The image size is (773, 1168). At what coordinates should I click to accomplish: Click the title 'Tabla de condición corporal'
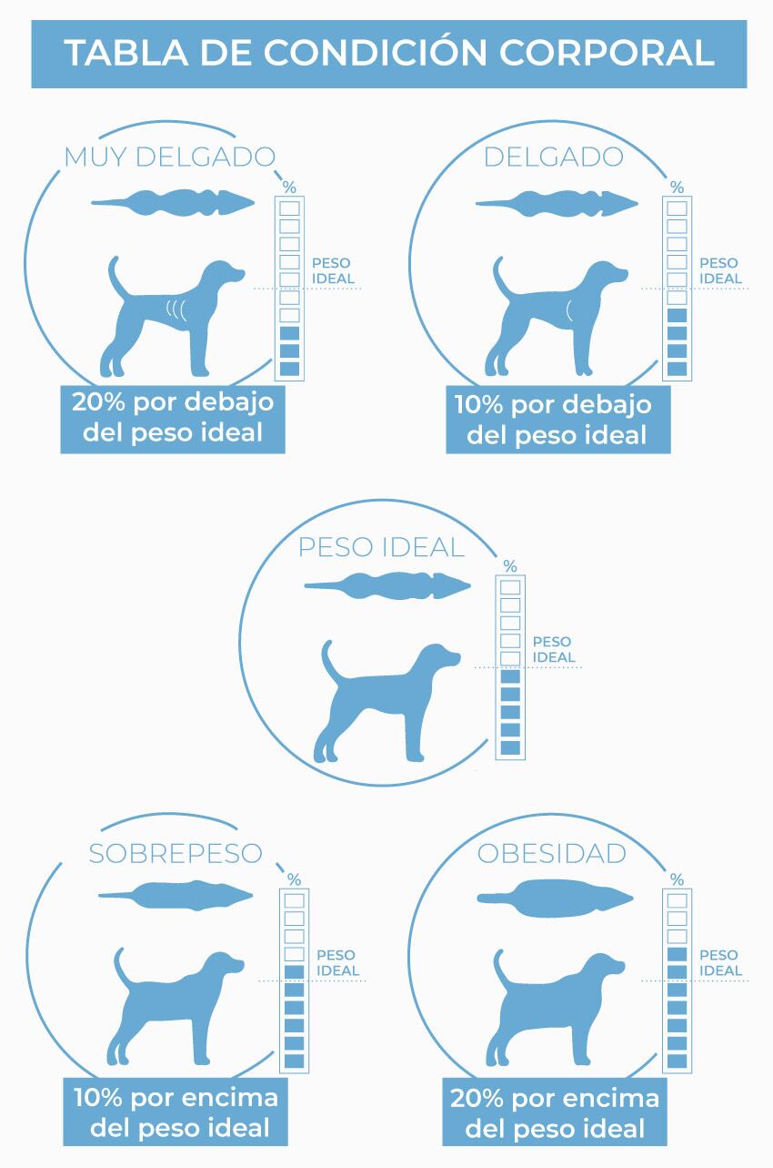tap(389, 53)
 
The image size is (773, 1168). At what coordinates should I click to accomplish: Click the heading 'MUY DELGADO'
tap(170, 157)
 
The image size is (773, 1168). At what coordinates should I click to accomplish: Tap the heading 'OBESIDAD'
tap(552, 854)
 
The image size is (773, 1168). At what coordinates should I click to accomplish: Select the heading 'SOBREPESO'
tap(175, 854)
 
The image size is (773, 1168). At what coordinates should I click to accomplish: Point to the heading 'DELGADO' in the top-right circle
tap(554, 157)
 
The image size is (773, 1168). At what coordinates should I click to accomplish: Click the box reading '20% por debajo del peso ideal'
tap(173, 420)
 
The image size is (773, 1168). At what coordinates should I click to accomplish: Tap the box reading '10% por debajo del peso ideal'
tap(558, 420)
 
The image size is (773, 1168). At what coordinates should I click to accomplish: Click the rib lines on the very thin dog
tap(176, 310)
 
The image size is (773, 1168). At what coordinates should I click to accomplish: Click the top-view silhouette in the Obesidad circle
tap(556, 898)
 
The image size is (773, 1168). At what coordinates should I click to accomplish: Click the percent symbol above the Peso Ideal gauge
tap(510, 565)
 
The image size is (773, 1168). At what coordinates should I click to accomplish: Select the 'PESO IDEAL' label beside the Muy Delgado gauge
tap(333, 270)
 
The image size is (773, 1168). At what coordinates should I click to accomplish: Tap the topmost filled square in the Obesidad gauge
tap(677, 954)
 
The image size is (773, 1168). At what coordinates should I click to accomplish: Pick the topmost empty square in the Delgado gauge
tap(677, 208)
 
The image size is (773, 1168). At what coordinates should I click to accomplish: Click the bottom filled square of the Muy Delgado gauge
tap(289, 369)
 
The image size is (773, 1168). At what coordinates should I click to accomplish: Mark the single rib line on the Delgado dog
tap(568, 310)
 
